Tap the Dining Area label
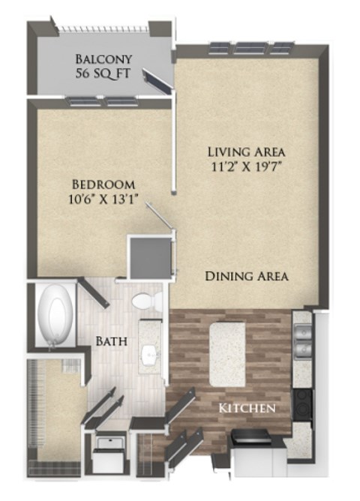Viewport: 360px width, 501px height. click(247, 276)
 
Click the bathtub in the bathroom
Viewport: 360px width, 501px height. click(55, 316)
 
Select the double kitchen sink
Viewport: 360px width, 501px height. click(302, 341)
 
